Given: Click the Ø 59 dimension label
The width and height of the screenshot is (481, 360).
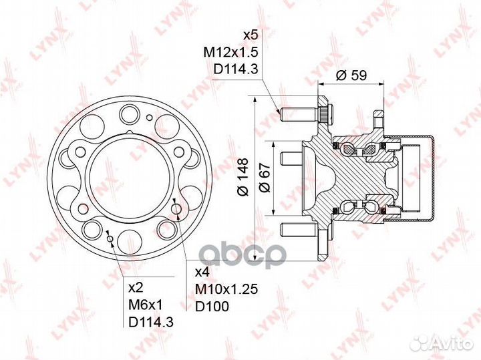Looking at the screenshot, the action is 351,75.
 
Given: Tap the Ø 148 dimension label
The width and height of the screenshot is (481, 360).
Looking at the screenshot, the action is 243,177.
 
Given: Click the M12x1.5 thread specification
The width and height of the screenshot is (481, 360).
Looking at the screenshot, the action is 231,52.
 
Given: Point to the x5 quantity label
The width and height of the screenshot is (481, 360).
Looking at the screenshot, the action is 251,35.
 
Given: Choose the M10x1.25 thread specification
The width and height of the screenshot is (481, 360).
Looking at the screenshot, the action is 226,289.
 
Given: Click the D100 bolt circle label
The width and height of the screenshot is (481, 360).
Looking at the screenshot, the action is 212,306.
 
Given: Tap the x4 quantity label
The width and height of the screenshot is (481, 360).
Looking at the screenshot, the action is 202,273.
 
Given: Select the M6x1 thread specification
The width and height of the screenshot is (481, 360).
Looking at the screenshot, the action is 146,305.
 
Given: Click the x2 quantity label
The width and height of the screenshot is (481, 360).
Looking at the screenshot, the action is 136,288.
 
